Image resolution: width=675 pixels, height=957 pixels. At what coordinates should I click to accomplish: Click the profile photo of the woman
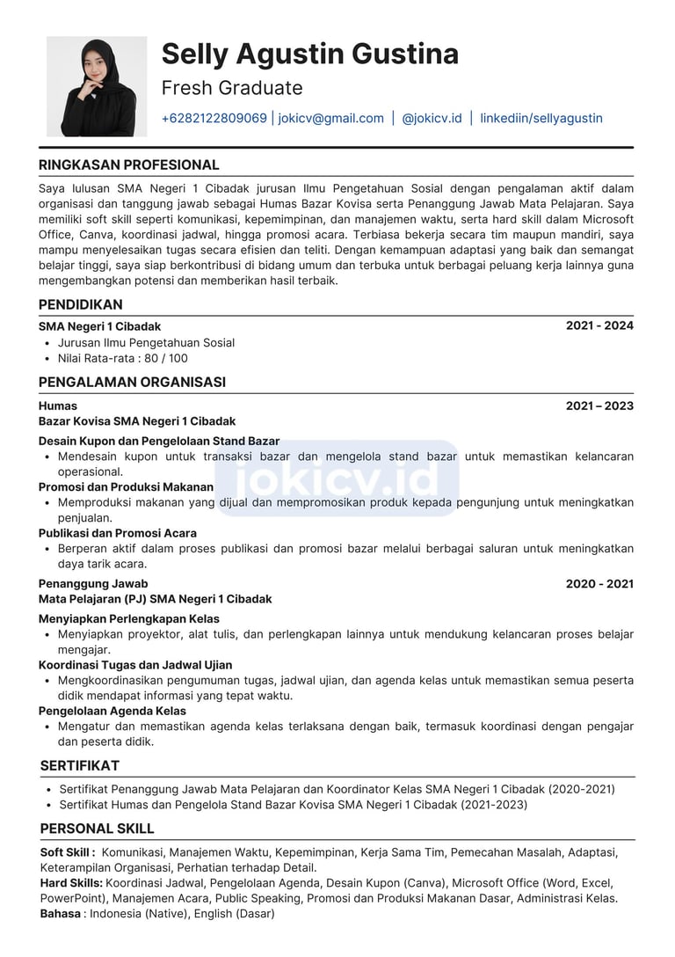coord(97,86)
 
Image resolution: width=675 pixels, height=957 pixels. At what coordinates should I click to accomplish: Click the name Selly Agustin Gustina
coord(309,55)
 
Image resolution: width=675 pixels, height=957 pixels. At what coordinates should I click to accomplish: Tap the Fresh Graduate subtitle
coord(232,88)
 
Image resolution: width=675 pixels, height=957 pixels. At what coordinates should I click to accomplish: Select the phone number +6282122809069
coord(214,118)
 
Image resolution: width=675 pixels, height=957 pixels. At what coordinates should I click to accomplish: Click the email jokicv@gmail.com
coord(331,118)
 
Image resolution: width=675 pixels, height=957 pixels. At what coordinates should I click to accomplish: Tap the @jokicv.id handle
coord(432,118)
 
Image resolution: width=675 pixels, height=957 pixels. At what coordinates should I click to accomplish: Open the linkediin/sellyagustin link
coord(541,118)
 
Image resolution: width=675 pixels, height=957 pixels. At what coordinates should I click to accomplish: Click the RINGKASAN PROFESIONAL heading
coord(129,164)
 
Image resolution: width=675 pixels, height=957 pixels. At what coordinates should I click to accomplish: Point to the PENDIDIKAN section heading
coord(81,304)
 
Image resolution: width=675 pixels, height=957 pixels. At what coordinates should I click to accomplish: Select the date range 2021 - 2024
coord(599,325)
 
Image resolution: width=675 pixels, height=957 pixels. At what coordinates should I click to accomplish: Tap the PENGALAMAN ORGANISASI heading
coord(132,382)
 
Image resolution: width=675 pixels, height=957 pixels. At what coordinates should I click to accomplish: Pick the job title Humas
coord(58,405)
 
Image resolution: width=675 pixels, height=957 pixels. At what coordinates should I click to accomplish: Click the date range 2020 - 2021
coord(599,583)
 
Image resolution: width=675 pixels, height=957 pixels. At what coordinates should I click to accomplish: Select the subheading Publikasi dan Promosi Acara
coord(118,533)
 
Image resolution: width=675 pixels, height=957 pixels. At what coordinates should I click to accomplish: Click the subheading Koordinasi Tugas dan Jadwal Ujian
coord(135,665)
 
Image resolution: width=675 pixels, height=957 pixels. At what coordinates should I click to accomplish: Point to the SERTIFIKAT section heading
coord(80,765)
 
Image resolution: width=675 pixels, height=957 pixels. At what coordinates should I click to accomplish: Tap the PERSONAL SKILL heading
coord(98,829)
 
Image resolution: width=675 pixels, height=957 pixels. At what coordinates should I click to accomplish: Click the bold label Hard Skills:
coord(72,882)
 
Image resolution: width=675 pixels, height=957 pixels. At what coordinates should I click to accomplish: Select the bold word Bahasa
coord(61,913)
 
